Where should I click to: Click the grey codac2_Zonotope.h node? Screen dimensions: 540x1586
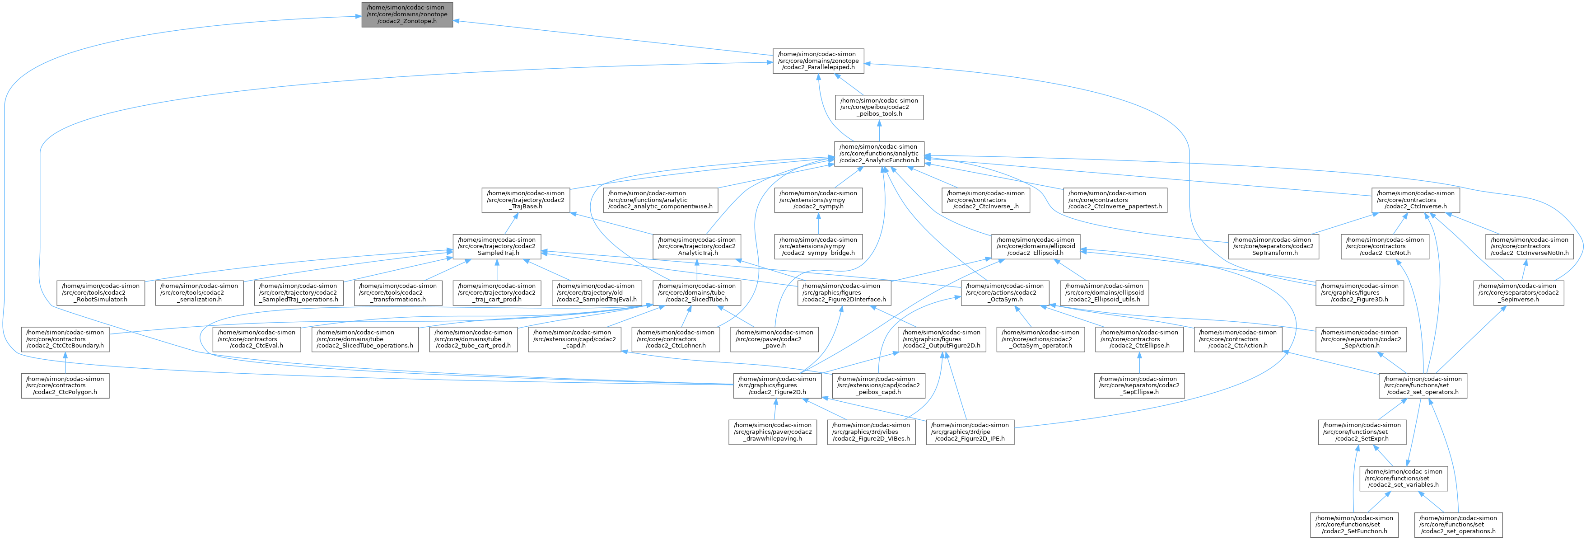point(407,14)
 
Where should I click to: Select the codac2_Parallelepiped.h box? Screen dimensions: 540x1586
point(818,61)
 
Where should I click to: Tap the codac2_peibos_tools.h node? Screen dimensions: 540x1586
point(879,107)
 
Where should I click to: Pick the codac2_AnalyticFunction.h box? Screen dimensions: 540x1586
point(879,153)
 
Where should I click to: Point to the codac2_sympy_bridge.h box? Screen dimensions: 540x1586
point(818,246)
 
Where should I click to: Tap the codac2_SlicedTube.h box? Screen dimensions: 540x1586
point(696,292)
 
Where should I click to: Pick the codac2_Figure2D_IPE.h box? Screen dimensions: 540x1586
point(970,432)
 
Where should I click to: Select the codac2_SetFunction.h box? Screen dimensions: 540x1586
point(1354,525)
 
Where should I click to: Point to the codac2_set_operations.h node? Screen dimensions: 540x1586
point(1457,525)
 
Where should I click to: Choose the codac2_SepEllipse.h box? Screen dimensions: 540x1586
point(1139,385)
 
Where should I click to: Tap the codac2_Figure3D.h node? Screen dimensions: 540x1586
point(1359,292)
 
